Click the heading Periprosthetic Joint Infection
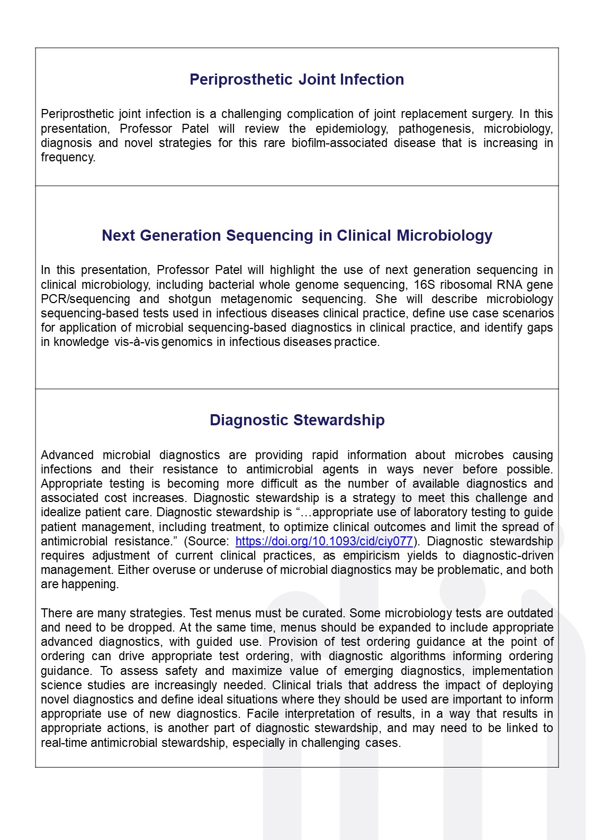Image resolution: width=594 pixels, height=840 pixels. pyautogui.click(x=296, y=79)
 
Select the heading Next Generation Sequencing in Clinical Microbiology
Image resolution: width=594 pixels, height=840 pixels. pyautogui.click(x=296, y=235)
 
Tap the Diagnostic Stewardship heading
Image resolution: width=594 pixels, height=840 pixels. pyautogui.click(x=296, y=420)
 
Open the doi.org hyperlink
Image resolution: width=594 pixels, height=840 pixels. pyautogui.click(x=323, y=541)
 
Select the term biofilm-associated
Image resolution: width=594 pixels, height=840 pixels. pyautogui.click(x=339, y=143)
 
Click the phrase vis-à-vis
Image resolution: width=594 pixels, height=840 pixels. pyautogui.click(x=136, y=342)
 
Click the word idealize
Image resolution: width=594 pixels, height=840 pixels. pyautogui.click(x=59, y=512)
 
